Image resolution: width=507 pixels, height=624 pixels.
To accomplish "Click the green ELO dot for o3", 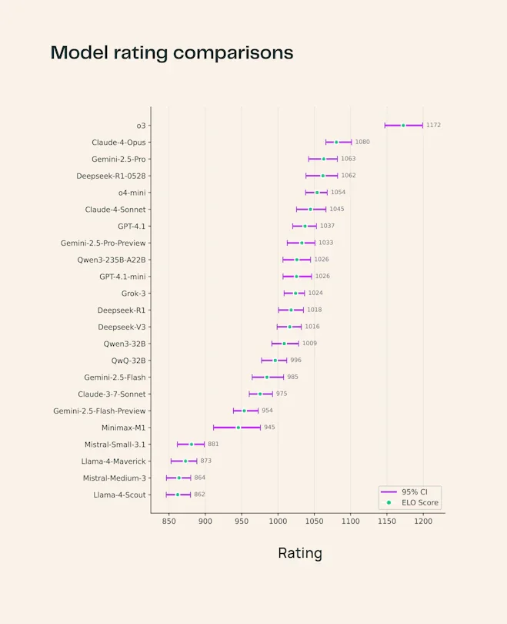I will (x=403, y=126).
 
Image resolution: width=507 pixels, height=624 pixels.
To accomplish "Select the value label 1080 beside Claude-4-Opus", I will (x=362, y=142).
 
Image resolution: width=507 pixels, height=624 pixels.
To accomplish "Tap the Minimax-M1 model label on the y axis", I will (x=123, y=428).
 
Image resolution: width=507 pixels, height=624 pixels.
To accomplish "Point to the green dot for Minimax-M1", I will (x=238, y=428).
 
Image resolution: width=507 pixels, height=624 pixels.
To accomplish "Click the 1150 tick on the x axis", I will (x=387, y=522).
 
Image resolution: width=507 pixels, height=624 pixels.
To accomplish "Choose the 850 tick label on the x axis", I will (x=168, y=522).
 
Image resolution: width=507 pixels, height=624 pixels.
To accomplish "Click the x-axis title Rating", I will (x=299, y=553).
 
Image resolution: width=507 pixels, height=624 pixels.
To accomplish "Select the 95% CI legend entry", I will (x=410, y=491).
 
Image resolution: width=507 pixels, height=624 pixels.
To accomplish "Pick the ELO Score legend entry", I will (x=410, y=503).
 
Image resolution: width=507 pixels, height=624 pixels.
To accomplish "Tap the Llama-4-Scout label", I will (x=119, y=495).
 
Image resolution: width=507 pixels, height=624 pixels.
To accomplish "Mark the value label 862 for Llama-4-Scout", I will (x=199, y=495).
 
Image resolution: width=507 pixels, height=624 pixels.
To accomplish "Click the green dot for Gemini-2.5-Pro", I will (x=324, y=159).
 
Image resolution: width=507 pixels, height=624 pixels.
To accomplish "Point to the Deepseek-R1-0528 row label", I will (x=111, y=176).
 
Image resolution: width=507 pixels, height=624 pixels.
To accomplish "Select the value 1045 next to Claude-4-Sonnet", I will (x=337, y=209).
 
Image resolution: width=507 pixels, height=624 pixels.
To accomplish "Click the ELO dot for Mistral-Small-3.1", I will (x=192, y=445).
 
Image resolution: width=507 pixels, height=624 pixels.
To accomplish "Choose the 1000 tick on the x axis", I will (x=278, y=522).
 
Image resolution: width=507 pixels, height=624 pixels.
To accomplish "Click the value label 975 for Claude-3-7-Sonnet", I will (x=282, y=394).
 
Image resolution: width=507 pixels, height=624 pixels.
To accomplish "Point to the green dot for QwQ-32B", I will (x=275, y=361).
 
